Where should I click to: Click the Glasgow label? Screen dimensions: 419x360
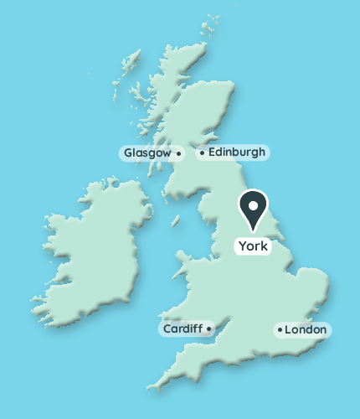[x=147, y=153]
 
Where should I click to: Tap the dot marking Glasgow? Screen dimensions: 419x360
[x=178, y=153]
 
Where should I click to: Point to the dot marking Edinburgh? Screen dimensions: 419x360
[x=202, y=153]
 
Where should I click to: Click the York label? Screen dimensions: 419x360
[x=253, y=246]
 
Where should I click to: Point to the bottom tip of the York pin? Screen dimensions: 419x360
[x=254, y=230]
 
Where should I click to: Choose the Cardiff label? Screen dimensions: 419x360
[x=182, y=328]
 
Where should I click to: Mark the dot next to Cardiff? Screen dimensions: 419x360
[x=208, y=328]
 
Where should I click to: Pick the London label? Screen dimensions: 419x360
[x=305, y=330]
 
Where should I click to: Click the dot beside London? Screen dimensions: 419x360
[x=279, y=330]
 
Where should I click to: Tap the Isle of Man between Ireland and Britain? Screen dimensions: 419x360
[x=176, y=222]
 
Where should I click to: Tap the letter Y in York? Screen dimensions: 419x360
[x=243, y=246]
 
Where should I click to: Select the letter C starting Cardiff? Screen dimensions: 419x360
[x=167, y=328]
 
